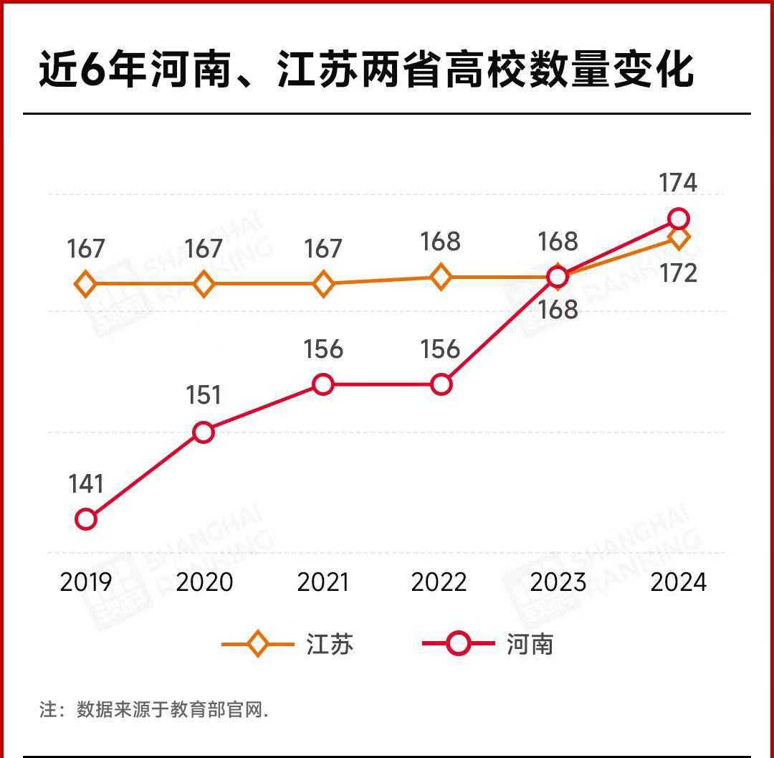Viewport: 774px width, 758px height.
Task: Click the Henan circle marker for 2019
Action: tap(86, 519)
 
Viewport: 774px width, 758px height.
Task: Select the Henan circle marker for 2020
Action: tap(204, 432)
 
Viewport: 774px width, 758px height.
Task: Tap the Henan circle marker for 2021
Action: tap(323, 384)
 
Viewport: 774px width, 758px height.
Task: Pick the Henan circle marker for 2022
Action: tap(441, 384)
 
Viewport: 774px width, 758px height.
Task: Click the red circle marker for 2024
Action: tap(678, 218)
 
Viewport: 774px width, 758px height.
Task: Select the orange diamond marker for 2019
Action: tap(86, 284)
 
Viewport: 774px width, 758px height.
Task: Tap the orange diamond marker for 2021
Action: tap(323, 284)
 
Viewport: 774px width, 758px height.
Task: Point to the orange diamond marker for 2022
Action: tap(441, 276)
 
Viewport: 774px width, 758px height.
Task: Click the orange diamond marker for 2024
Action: tap(679, 237)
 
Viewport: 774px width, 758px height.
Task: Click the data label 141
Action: tap(86, 484)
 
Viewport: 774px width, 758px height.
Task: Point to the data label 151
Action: tap(204, 396)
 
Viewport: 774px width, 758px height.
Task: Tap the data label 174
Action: tap(678, 183)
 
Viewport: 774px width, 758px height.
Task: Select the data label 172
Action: tap(678, 273)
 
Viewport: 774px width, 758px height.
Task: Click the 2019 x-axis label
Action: tap(86, 582)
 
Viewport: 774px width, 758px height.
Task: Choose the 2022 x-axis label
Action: tap(439, 582)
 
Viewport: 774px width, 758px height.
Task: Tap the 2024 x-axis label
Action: tap(678, 582)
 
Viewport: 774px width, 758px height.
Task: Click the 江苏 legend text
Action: tap(330, 644)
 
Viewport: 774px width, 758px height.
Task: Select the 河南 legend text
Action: tap(530, 644)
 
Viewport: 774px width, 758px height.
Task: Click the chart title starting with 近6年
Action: tap(365, 70)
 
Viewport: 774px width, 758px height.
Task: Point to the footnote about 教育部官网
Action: tap(154, 710)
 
